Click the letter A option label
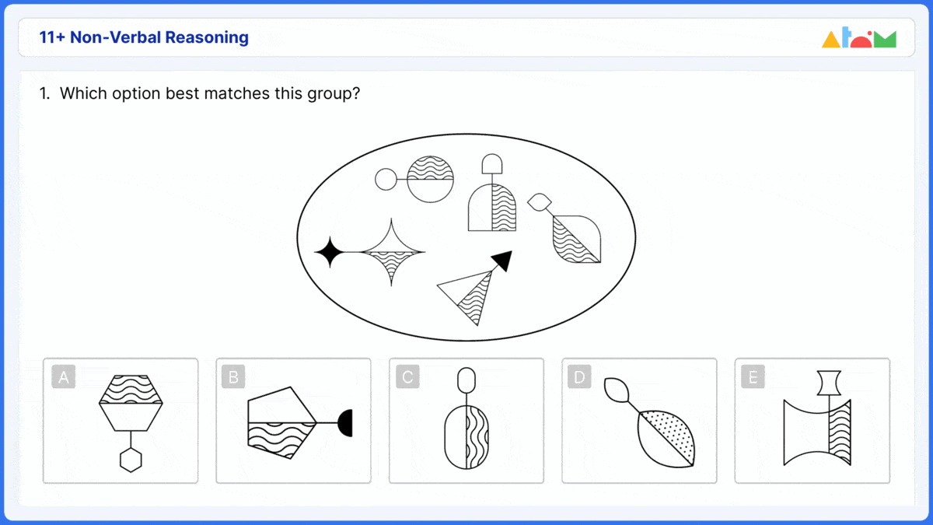[x=64, y=378]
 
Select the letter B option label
[x=232, y=378]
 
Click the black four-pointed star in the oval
[x=329, y=253]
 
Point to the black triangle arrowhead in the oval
[x=503, y=261]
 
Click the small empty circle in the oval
[x=386, y=180]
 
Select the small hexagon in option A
[x=131, y=460]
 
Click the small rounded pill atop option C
[x=466, y=380]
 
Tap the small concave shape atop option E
[x=830, y=382]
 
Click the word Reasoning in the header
[x=208, y=37]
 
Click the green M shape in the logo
[x=885, y=39]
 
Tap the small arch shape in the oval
[x=492, y=163]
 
